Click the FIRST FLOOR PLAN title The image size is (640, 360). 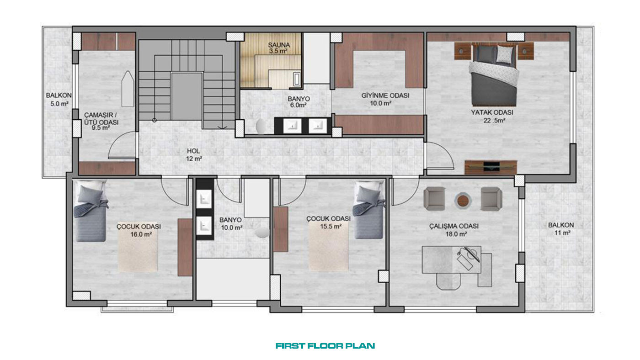click(x=325, y=346)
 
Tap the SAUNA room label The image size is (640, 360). click(x=279, y=45)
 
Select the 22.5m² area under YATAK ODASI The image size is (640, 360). click(x=494, y=121)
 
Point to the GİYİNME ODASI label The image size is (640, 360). click(x=385, y=95)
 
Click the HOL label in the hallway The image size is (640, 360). click(x=193, y=151)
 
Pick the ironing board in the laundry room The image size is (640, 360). click(x=128, y=89)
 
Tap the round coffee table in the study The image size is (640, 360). click(x=463, y=201)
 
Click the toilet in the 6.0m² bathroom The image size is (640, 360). click(x=261, y=127)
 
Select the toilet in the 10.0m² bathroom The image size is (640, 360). click(x=262, y=233)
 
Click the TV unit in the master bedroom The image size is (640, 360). click(x=491, y=167)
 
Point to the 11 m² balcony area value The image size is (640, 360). click(x=562, y=233)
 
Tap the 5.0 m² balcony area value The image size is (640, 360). click(x=59, y=104)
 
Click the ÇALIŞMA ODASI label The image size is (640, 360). click(x=453, y=226)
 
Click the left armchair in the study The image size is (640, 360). click(x=434, y=199)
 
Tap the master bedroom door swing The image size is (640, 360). click(x=440, y=156)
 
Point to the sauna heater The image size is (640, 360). click(x=297, y=79)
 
